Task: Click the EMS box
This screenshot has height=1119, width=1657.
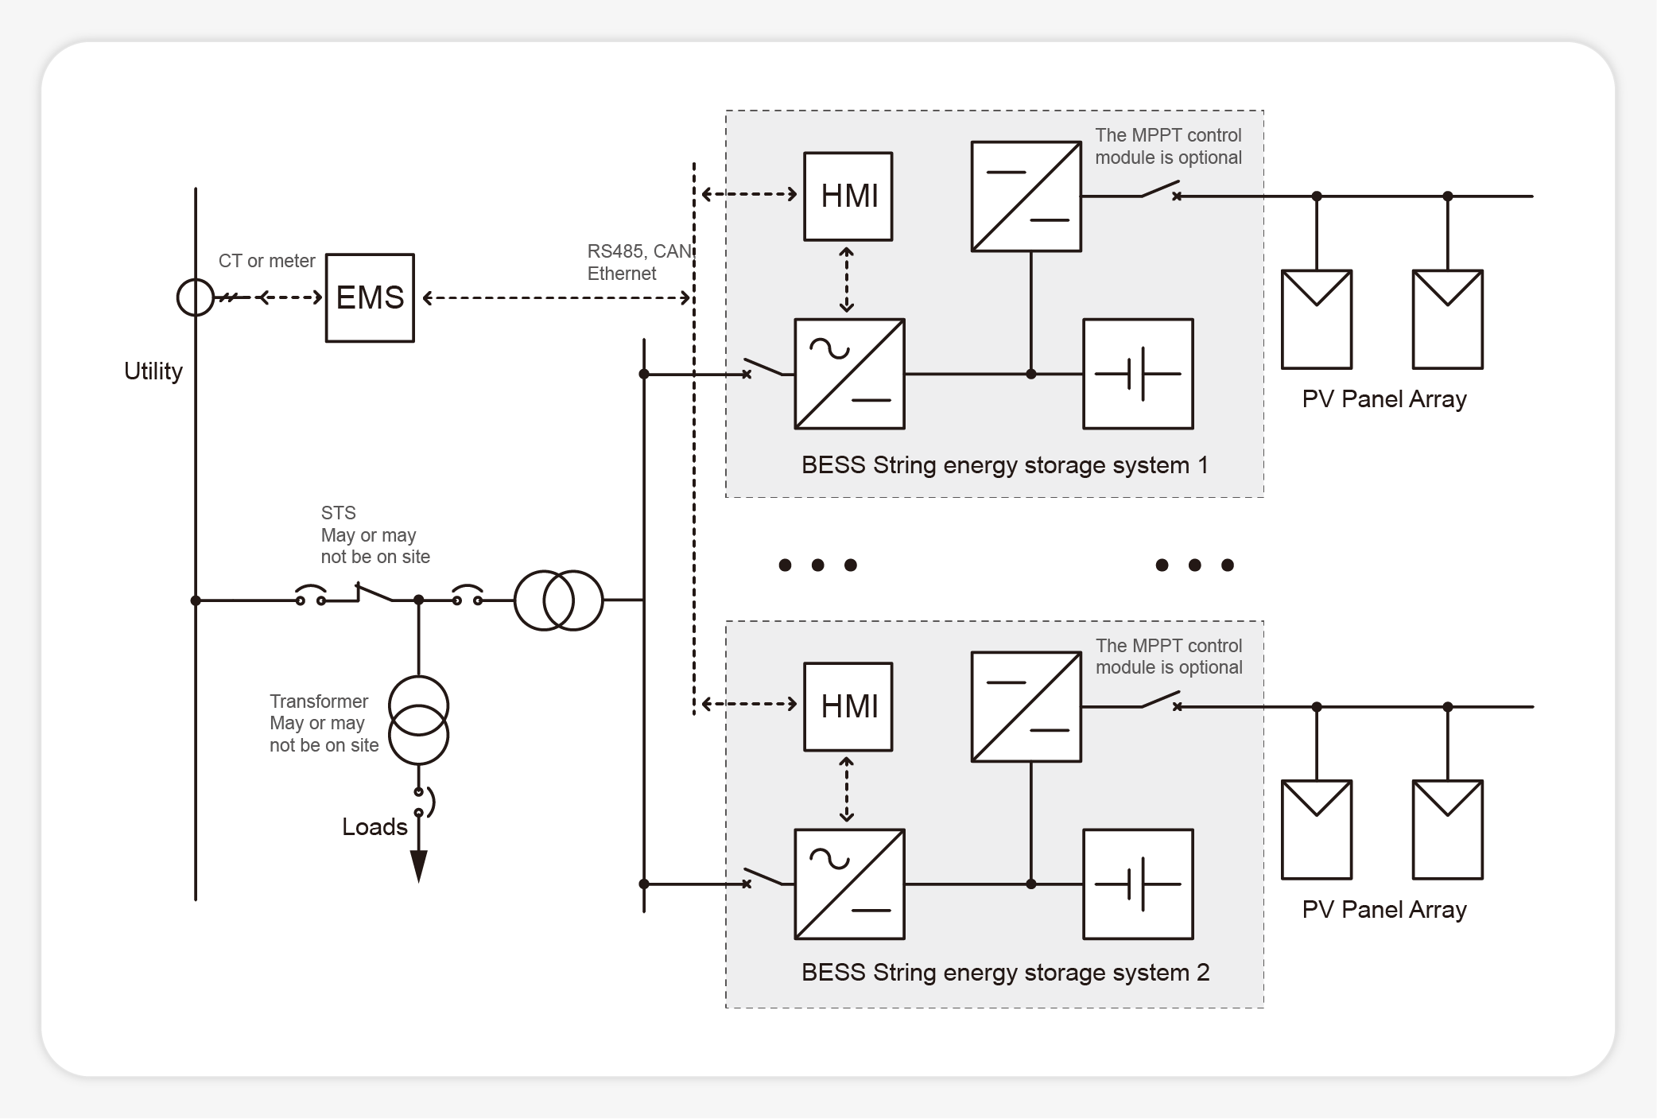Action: coord(370,297)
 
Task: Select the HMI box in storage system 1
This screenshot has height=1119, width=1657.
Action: coord(848,196)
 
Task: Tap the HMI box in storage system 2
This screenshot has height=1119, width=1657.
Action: coord(848,706)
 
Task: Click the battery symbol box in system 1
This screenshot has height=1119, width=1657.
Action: coord(1138,374)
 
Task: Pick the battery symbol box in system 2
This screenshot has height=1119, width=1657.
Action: coord(1138,884)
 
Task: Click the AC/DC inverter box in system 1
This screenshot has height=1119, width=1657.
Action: coord(849,374)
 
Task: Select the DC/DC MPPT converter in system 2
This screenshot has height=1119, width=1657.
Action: coord(1026,706)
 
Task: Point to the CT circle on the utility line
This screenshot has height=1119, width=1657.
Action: coord(195,297)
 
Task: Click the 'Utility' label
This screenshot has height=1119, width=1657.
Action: coord(153,371)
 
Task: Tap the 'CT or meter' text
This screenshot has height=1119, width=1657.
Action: coord(266,261)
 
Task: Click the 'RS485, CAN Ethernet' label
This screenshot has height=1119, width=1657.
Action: coord(638,262)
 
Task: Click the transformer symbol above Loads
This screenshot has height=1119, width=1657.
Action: coord(418,720)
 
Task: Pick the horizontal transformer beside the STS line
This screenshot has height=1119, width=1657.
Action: coord(558,600)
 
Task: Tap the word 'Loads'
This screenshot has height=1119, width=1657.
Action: coord(374,827)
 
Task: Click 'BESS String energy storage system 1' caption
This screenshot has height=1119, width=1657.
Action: coord(1004,465)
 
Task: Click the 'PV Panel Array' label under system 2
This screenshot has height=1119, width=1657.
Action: coord(1383,909)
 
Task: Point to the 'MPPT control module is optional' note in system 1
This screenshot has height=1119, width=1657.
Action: coord(1167,146)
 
